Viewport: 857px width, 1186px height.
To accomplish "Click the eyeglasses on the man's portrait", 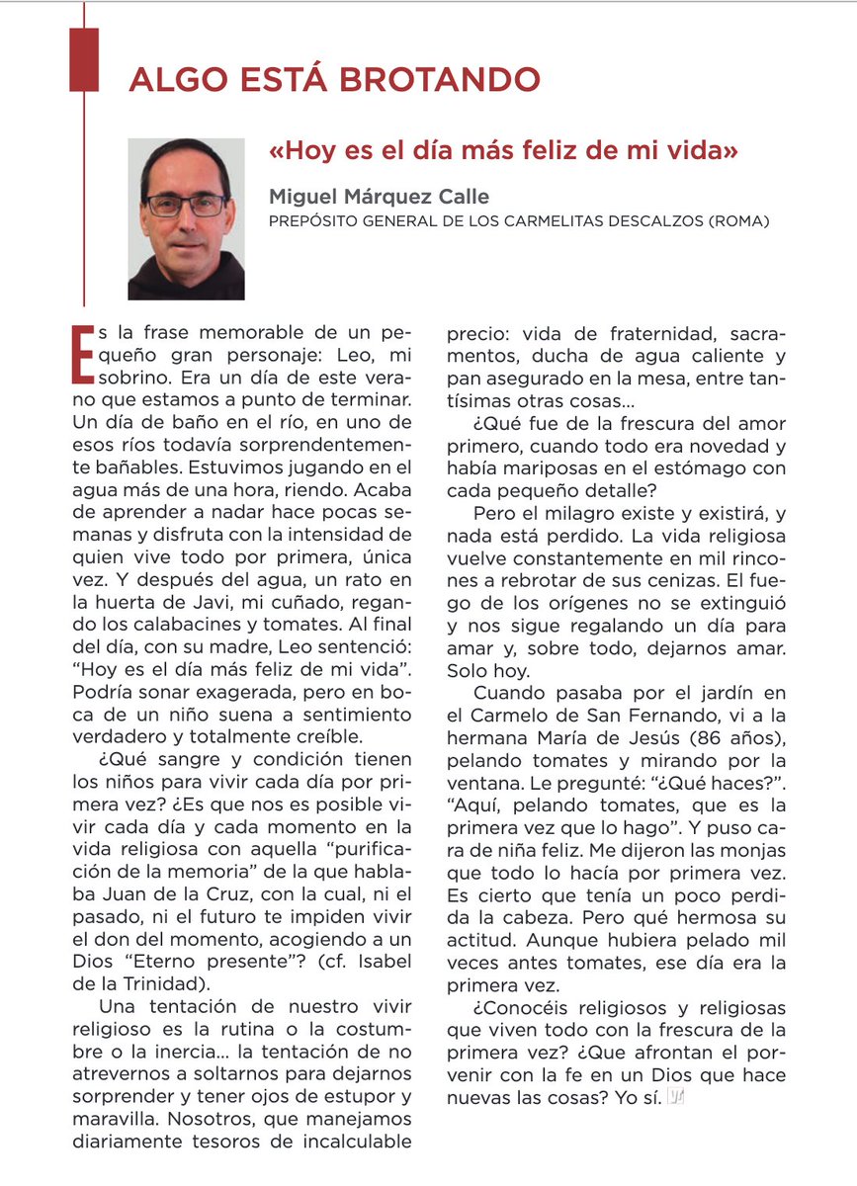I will [186, 205].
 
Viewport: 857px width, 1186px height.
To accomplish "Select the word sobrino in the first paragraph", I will [147, 378].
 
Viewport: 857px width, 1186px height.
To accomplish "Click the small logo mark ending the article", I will [677, 1097].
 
